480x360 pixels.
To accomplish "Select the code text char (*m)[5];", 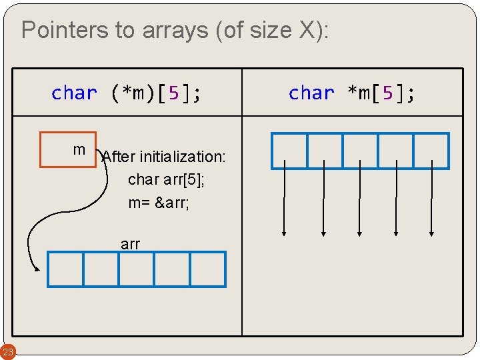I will coord(127,93).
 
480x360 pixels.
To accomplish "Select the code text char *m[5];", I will coord(352,93).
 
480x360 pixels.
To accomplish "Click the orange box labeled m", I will coord(68,149).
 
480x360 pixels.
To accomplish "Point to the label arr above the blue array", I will coord(131,244).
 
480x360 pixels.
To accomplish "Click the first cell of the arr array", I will coord(65,269).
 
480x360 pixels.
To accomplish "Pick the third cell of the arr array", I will coord(137,269).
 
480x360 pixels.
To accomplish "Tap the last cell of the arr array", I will coord(208,269).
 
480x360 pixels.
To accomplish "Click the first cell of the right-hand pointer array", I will coord(289,151).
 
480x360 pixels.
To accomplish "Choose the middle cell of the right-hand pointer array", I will coord(360,151).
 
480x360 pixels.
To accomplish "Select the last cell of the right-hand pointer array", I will coord(431,151).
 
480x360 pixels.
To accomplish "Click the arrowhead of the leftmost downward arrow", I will coord(285,233).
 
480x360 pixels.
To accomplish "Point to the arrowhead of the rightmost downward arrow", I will coord(432,233).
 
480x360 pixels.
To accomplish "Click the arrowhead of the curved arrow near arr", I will coord(37,269).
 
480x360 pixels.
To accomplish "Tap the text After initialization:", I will coord(165,157).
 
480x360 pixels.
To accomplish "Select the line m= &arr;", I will coord(159,202).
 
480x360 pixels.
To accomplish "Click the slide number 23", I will coord(7,351).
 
